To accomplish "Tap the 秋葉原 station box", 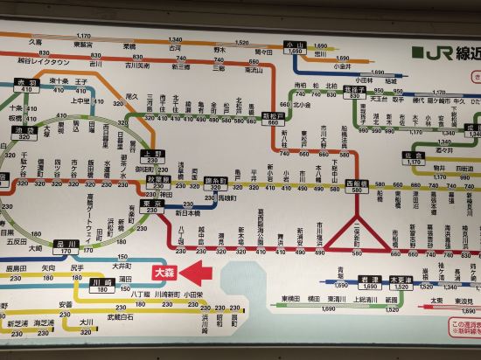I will pos(158,180).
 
